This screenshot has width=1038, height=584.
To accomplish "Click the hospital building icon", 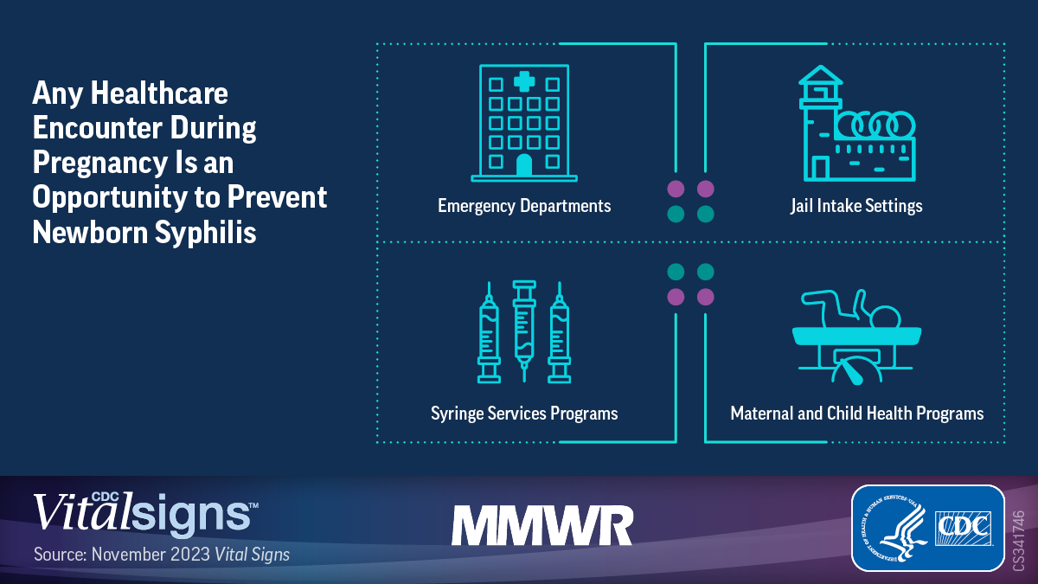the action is [x=524, y=123].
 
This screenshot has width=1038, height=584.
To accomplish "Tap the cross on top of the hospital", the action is [x=524, y=81].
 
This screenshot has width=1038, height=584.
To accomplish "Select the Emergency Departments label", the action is [x=524, y=206].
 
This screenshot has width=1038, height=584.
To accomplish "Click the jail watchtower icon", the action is [x=821, y=123].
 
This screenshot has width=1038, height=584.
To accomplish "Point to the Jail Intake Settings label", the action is [x=856, y=206].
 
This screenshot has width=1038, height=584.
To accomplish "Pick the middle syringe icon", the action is [x=524, y=331].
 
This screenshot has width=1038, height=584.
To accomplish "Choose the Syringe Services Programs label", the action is [x=524, y=414].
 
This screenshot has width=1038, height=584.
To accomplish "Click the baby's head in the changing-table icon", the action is [x=886, y=318].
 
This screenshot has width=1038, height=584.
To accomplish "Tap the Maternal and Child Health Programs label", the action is [x=857, y=414].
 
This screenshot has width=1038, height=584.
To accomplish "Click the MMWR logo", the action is [x=542, y=526].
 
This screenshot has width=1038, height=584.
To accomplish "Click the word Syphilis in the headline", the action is [x=205, y=232].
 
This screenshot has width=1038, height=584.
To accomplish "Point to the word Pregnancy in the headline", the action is [x=99, y=164].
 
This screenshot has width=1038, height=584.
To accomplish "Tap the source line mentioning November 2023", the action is [x=162, y=555].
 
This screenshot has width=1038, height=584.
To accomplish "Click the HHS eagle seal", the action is [x=894, y=528].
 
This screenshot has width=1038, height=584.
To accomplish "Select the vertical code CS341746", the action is [x=1019, y=541].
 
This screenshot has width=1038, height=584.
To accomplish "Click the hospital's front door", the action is [x=524, y=165].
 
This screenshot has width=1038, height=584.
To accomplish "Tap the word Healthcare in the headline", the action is [x=159, y=93].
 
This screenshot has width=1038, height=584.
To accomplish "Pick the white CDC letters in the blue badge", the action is [x=963, y=528].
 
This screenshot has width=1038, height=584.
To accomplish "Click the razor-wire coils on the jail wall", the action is [x=875, y=125].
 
